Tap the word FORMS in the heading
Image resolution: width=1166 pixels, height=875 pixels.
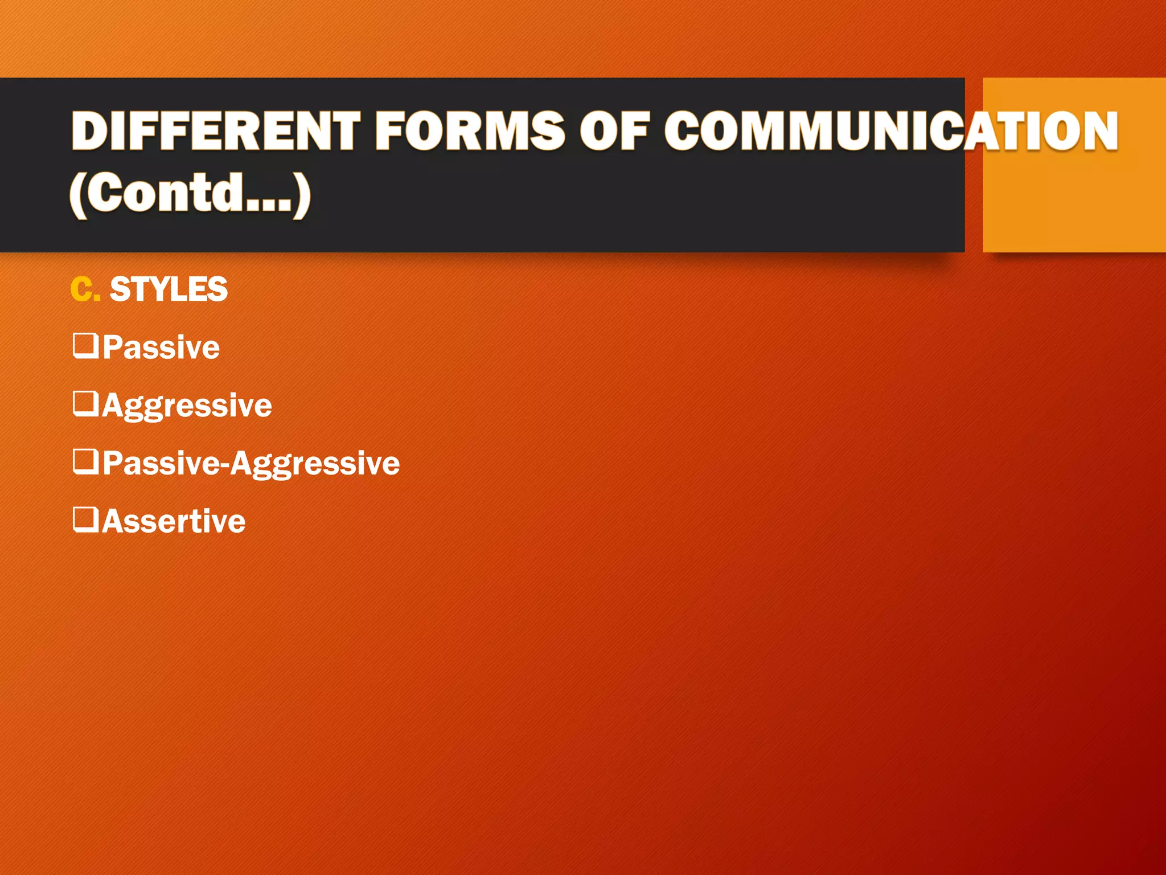[470, 131]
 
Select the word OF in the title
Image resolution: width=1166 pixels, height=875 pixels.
[614, 131]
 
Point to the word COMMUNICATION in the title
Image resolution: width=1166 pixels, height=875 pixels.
[891, 131]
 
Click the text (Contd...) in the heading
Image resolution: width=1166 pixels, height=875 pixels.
[190, 193]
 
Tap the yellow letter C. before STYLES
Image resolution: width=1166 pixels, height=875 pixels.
[85, 289]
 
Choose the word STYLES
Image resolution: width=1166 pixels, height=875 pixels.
[169, 289]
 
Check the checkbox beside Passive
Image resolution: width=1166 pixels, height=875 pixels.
[85, 346]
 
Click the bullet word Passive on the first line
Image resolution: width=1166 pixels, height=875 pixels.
[161, 347]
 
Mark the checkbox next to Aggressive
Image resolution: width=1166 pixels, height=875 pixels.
[85, 403]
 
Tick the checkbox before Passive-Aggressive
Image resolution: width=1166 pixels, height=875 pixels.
[85, 461]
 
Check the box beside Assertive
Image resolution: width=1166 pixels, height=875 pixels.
[85, 519]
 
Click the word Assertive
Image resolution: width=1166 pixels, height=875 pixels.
[174, 521]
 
